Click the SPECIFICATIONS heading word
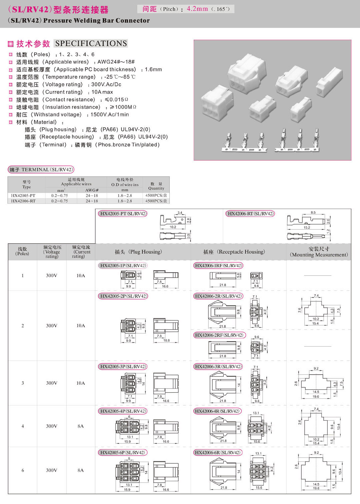91,43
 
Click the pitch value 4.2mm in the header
197,9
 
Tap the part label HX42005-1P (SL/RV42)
123,266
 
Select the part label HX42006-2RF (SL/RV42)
219,335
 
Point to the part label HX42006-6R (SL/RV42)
217,452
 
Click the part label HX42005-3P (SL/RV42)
123,366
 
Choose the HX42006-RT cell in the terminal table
23,201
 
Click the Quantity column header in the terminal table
156,186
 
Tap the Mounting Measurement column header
319,252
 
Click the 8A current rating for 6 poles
80,470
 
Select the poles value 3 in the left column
23,383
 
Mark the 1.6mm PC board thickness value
153,69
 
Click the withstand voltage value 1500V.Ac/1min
110,114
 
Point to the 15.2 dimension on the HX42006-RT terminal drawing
307,227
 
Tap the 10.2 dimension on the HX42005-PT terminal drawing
173,227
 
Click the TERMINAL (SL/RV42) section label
41,169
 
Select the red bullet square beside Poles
11,54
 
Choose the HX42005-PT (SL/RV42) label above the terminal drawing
123,214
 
